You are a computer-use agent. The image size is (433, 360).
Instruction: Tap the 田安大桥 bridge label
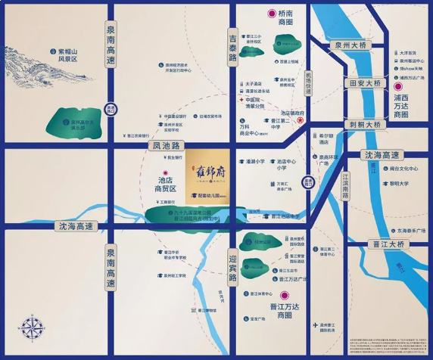pyautogui.click(x=363, y=83)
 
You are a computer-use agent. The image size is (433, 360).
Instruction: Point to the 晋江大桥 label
pyautogui.click(x=388, y=244)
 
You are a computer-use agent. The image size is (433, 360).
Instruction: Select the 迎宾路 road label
pyautogui.click(x=233, y=266)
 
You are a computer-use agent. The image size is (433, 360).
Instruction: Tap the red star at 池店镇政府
pyautogui.click(x=300, y=120)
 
